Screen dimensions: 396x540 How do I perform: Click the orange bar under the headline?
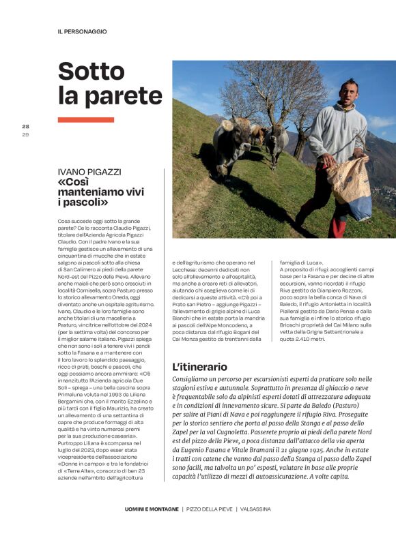click(86, 120)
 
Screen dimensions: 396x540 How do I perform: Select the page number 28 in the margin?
click(26, 126)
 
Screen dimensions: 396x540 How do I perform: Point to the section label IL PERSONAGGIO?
click(82, 31)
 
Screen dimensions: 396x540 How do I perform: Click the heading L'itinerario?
click(199, 366)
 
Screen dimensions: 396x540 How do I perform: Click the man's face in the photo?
click(350, 92)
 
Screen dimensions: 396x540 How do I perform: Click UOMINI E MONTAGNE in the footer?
click(152, 509)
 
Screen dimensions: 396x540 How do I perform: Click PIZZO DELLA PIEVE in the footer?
click(209, 509)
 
